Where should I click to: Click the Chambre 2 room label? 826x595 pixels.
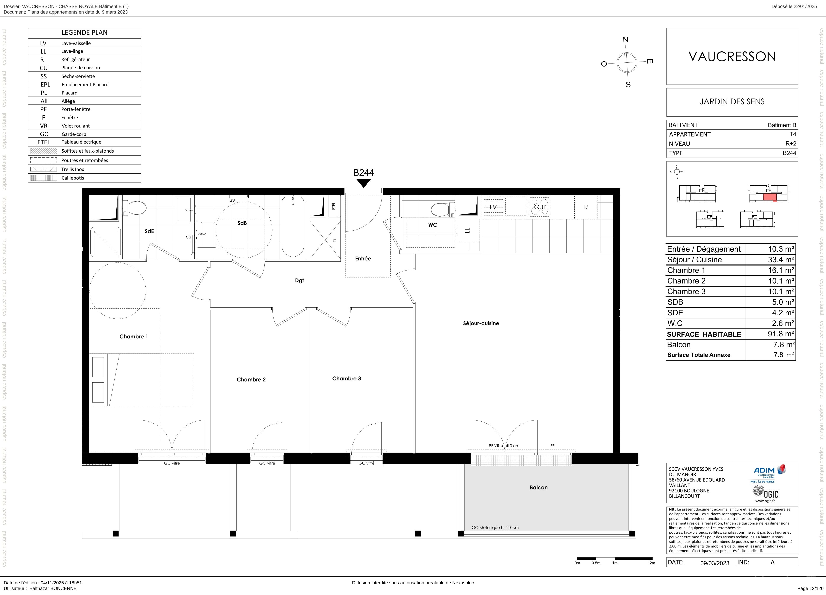pyautogui.click(x=251, y=379)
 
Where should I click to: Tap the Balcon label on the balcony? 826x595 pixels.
pyautogui.click(x=539, y=487)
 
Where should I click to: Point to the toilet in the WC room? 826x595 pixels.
pyautogui.click(x=443, y=209)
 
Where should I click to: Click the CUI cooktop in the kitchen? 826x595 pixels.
pyautogui.click(x=539, y=207)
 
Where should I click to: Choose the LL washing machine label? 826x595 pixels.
pyautogui.click(x=468, y=230)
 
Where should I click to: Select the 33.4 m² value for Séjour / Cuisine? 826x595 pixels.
pyautogui.click(x=781, y=260)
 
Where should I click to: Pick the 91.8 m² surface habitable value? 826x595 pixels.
pyautogui.click(x=781, y=334)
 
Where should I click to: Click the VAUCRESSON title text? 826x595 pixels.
pyautogui.click(x=732, y=56)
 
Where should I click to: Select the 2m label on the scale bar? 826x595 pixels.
pyautogui.click(x=652, y=563)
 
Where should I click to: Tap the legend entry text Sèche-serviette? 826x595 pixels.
pyautogui.click(x=78, y=76)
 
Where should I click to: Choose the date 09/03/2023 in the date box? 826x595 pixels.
pyautogui.click(x=715, y=563)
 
